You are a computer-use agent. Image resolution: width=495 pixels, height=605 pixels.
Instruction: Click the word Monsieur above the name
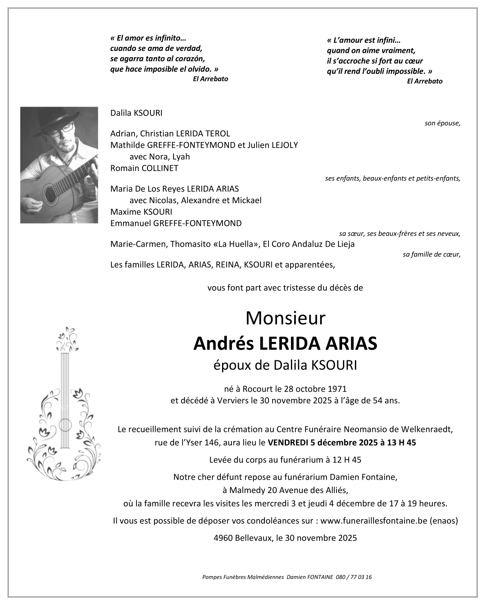[286, 318]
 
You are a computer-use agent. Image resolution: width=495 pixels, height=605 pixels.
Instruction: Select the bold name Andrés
[220, 343]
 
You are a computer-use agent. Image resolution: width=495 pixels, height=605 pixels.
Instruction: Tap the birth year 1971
[338, 389]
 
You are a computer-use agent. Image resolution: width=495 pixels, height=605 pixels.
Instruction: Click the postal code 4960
[223, 538]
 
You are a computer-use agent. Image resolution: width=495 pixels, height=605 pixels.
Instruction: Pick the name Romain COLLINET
[144, 168]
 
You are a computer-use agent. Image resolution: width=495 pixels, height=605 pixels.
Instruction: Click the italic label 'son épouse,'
[442, 123]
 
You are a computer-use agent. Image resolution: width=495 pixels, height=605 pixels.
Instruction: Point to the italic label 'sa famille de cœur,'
[431, 254]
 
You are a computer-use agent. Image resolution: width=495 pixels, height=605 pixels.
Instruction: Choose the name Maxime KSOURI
[141, 212]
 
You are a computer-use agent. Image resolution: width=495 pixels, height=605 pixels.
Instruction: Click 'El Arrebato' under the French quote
[425, 81]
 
